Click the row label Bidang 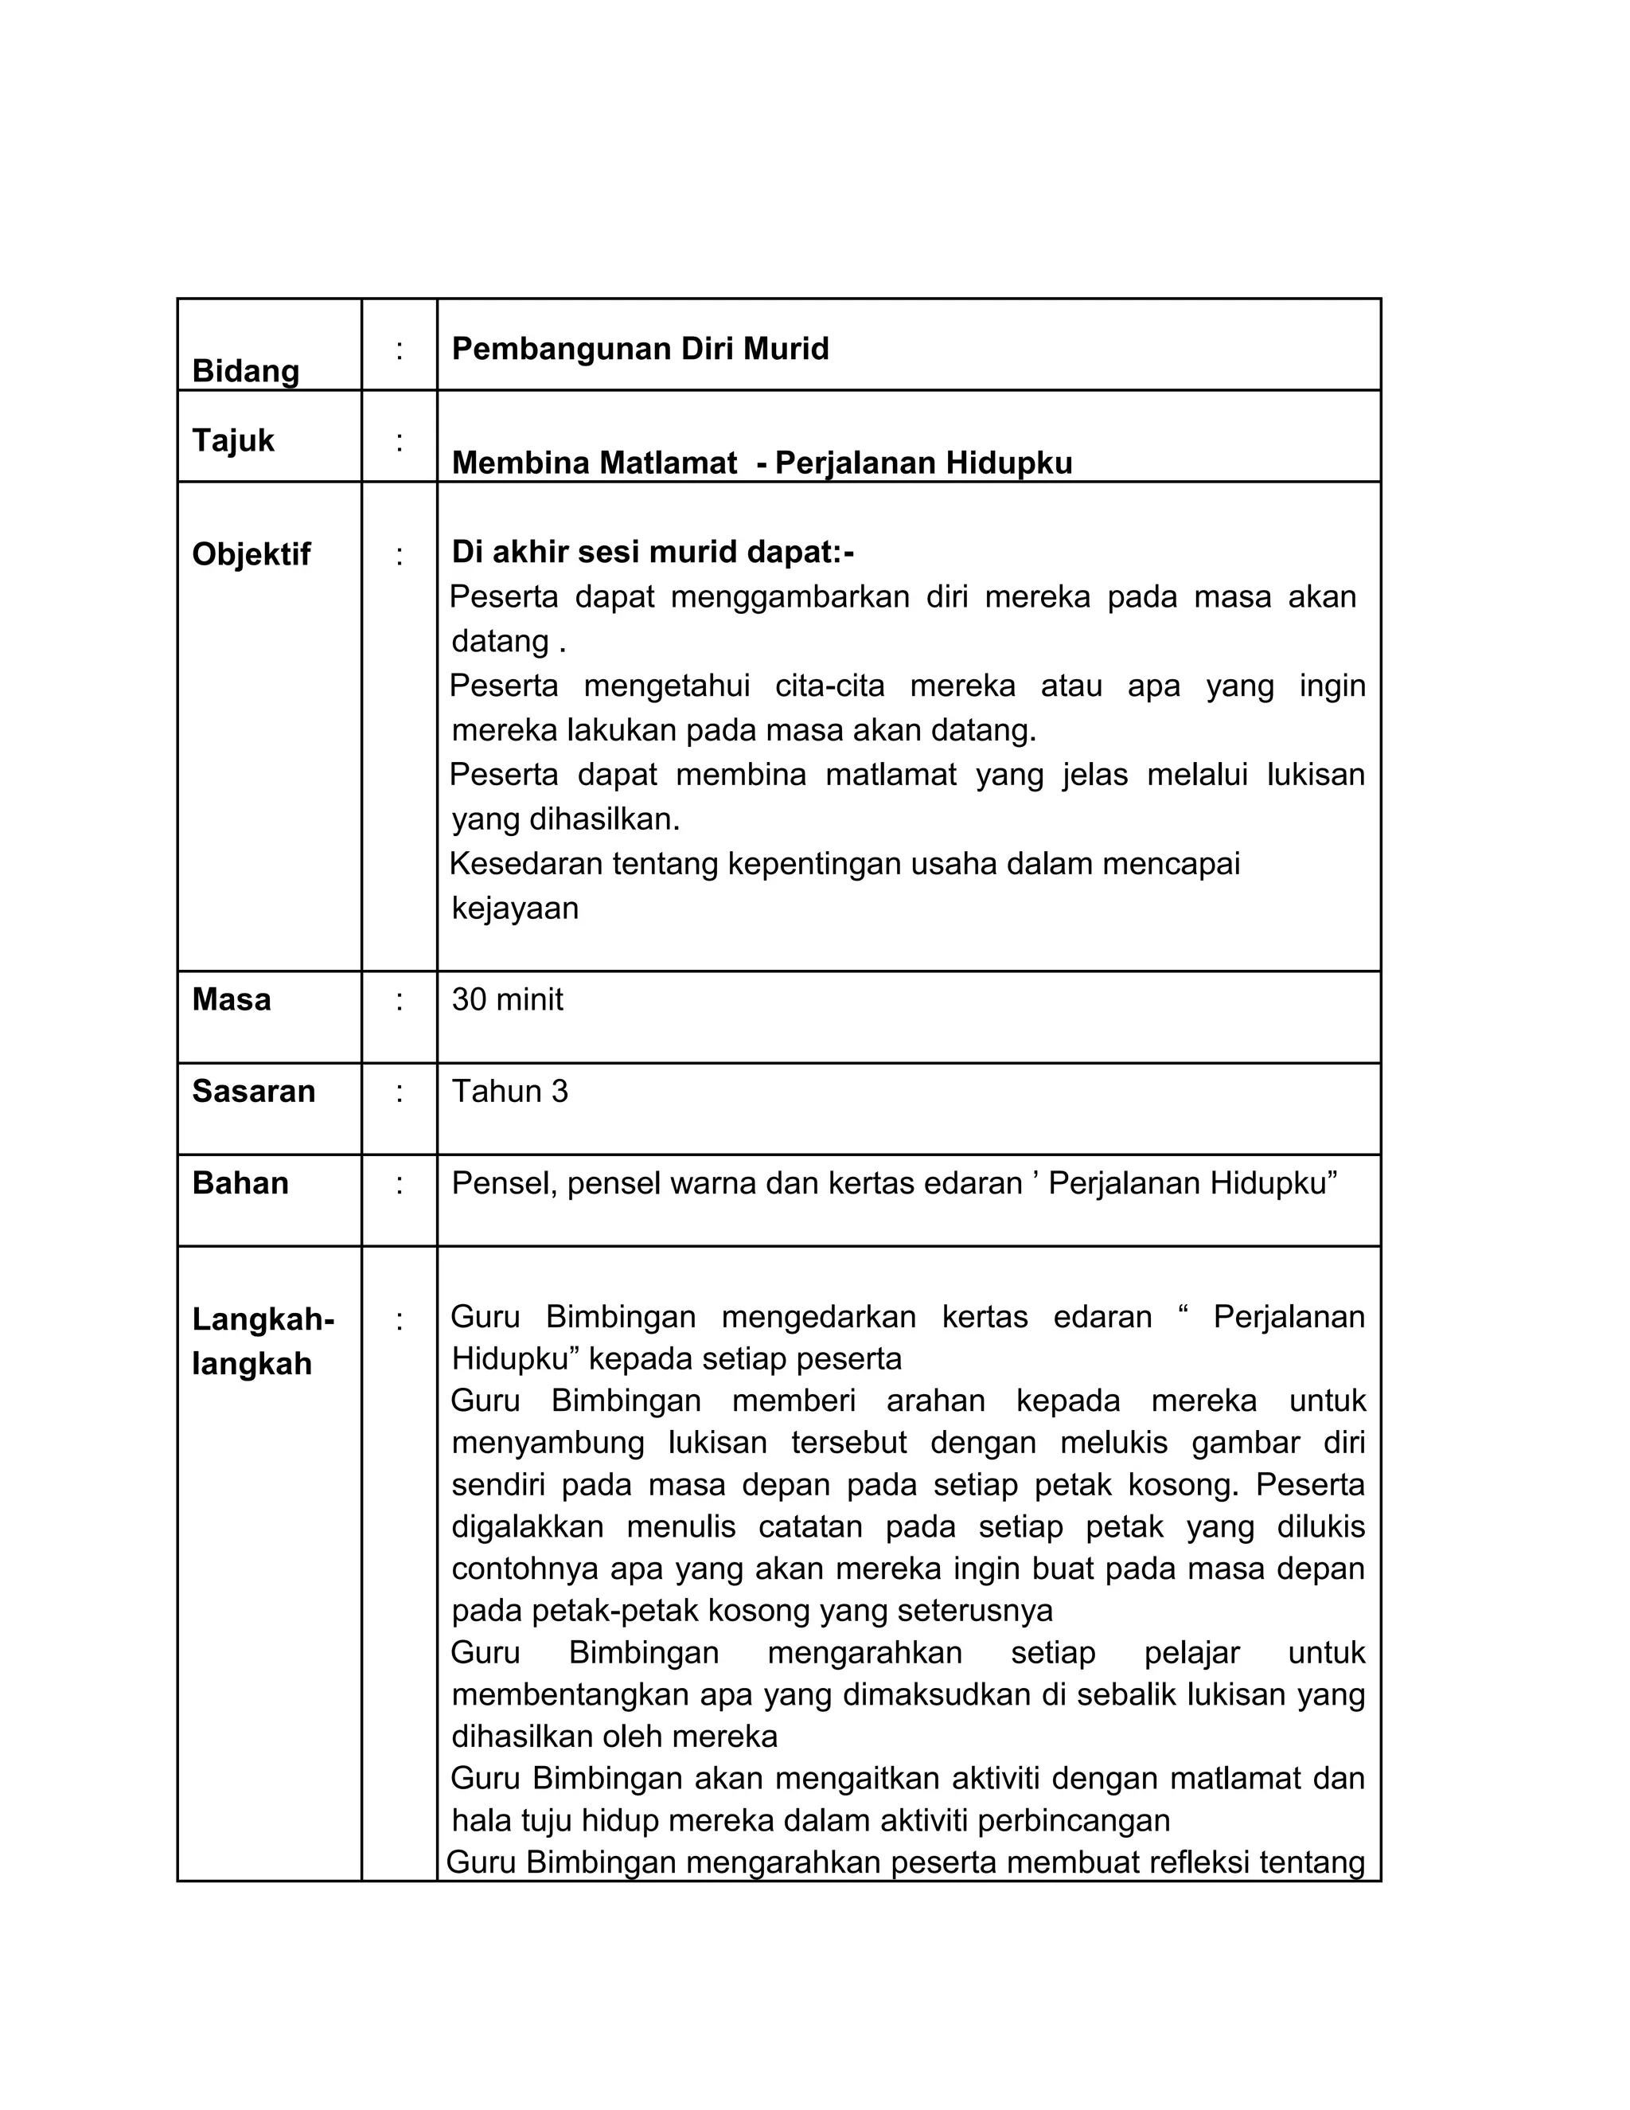pyautogui.click(x=245, y=371)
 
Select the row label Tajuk pyautogui.click(x=232, y=440)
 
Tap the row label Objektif pyautogui.click(x=251, y=554)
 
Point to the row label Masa pyautogui.click(x=231, y=999)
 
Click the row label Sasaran pyautogui.click(x=253, y=1091)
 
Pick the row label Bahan pyautogui.click(x=240, y=1182)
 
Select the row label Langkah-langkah pyautogui.click(x=262, y=1341)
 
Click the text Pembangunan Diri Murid pyautogui.click(x=640, y=349)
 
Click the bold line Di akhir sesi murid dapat pyautogui.click(x=653, y=553)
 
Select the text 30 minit pyautogui.click(x=507, y=999)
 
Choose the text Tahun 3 pyautogui.click(x=510, y=1091)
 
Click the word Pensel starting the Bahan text pyautogui.click(x=503, y=1183)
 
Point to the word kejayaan pyautogui.click(x=515, y=908)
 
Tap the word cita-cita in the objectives pyautogui.click(x=829, y=686)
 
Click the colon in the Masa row pyautogui.click(x=399, y=1000)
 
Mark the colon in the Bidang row pyautogui.click(x=399, y=350)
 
